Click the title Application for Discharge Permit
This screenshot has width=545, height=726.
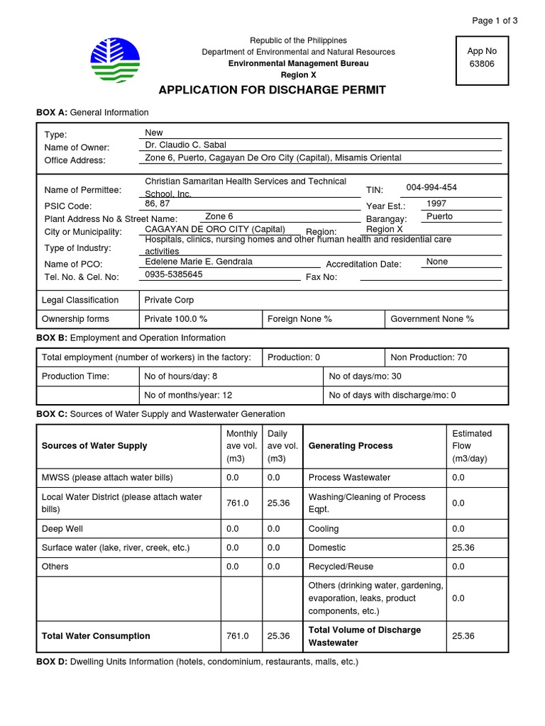pos(272,90)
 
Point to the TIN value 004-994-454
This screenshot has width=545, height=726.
pos(431,188)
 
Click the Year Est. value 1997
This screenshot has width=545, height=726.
pos(436,203)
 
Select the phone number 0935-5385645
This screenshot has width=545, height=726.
pos(174,274)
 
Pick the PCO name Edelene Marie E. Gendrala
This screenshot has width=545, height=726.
pos(199,262)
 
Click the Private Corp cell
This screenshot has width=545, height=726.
pos(169,300)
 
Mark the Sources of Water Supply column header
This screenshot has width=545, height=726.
pos(94,446)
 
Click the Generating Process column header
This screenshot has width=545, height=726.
pos(351,446)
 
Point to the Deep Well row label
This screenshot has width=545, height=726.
pos(62,529)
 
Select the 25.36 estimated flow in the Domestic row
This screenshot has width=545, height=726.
pos(463,548)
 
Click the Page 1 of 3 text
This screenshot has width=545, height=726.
pos(495,21)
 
